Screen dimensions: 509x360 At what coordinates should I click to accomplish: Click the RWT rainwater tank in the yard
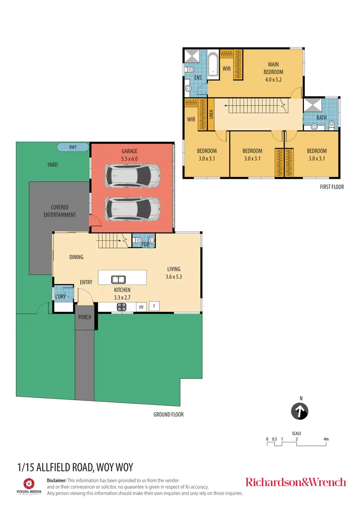[x=73, y=147]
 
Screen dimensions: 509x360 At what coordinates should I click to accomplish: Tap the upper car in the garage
[x=133, y=176]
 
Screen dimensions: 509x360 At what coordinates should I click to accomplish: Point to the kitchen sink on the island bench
[x=118, y=279]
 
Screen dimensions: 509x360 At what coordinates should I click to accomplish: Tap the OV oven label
[x=141, y=307]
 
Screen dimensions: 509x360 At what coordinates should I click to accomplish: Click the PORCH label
[x=84, y=317]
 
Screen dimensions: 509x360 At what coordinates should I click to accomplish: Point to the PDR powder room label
[x=145, y=245]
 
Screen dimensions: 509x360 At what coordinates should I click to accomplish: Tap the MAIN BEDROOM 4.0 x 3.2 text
[x=273, y=72]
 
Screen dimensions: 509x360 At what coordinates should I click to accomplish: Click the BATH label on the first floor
[x=322, y=118]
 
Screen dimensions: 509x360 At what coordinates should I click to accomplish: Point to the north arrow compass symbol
[x=300, y=411]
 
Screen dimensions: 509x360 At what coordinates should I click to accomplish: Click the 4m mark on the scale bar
[x=326, y=439]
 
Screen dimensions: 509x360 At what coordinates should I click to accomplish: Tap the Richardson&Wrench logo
[x=295, y=482]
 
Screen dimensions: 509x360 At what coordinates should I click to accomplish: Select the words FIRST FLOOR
[x=332, y=187]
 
